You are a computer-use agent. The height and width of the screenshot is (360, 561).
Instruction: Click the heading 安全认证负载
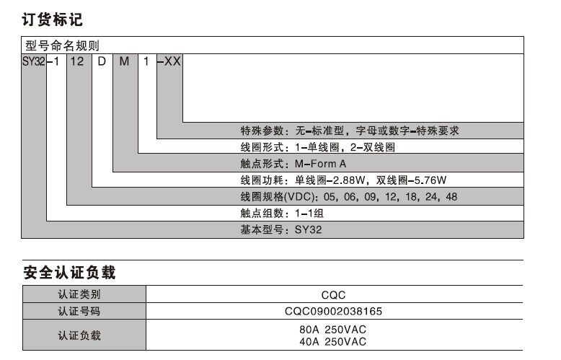(69, 273)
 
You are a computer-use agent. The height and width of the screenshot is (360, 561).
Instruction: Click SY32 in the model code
(33, 61)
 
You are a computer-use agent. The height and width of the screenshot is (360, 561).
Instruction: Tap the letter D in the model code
(102, 61)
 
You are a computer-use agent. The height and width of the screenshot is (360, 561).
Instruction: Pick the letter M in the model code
(124, 61)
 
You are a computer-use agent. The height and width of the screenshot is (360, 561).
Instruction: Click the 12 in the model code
(78, 61)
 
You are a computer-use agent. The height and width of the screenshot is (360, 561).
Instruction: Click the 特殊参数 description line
(350, 131)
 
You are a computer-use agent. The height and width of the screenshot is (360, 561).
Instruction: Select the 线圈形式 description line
(318, 147)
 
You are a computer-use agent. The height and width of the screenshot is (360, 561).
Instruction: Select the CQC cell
(334, 294)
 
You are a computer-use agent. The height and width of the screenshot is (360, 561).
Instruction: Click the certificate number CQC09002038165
(334, 312)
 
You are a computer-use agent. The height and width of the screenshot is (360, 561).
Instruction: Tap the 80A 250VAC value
(333, 330)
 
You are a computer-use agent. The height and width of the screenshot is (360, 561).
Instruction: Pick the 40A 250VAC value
(333, 341)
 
